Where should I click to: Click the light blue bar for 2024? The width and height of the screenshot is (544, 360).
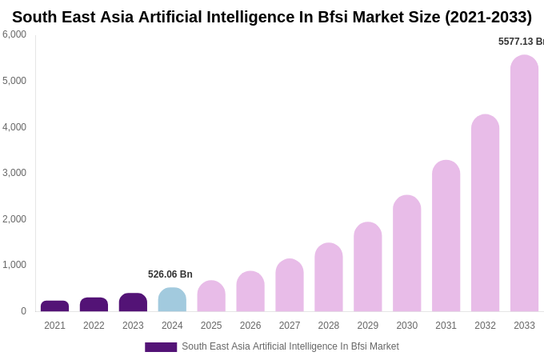[172, 300]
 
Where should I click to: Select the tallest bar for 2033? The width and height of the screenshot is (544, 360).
[524, 184]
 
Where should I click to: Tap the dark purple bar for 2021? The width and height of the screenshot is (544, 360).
[54, 306]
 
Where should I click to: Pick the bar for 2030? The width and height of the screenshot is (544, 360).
[406, 254]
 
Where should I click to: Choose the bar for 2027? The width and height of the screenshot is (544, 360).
[290, 286]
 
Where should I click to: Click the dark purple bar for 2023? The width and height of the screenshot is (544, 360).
[133, 302]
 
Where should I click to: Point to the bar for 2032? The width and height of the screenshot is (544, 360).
[485, 214]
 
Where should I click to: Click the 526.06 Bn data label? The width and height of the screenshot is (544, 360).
[170, 274]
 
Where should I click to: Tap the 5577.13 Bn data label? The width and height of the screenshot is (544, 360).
[521, 42]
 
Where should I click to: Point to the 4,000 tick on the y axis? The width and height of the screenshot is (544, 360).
[14, 126]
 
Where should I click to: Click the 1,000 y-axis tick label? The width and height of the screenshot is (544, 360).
[14, 265]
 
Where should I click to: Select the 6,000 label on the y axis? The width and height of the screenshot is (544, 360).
[14, 34]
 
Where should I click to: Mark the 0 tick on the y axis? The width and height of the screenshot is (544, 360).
[23, 311]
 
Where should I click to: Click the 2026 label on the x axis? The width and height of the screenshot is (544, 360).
[250, 326]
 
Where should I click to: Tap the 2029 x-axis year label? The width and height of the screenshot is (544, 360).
[368, 326]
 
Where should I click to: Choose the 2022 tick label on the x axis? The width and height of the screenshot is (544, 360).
[94, 326]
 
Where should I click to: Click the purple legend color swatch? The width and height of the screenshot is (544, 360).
[161, 347]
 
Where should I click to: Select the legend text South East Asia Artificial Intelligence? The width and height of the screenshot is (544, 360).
[290, 346]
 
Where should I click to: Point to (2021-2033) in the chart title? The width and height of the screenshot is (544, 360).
[488, 17]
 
